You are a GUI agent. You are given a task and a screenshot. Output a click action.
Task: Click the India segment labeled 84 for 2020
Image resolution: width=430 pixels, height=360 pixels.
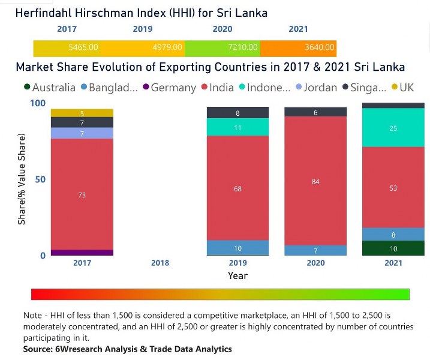point(315,181)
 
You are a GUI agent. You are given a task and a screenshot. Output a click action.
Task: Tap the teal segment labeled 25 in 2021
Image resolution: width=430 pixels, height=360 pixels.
point(393,128)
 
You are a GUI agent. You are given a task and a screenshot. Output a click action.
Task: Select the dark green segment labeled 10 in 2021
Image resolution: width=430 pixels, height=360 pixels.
point(393,248)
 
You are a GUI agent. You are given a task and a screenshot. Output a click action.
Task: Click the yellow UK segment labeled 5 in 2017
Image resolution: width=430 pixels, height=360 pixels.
point(82,113)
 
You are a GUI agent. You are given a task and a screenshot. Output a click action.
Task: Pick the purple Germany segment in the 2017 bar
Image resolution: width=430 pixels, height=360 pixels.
point(82,253)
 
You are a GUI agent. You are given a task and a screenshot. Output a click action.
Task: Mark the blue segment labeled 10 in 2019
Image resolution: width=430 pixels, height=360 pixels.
point(237,248)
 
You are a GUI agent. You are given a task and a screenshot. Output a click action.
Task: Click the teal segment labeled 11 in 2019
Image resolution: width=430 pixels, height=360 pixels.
point(237,127)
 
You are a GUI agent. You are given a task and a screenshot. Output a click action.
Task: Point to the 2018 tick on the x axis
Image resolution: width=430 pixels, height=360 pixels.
point(160,263)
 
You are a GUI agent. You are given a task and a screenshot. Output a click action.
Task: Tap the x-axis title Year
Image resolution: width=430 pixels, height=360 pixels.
point(237,276)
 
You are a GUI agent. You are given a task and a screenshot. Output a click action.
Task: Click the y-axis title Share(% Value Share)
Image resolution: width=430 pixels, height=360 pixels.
point(22,179)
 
